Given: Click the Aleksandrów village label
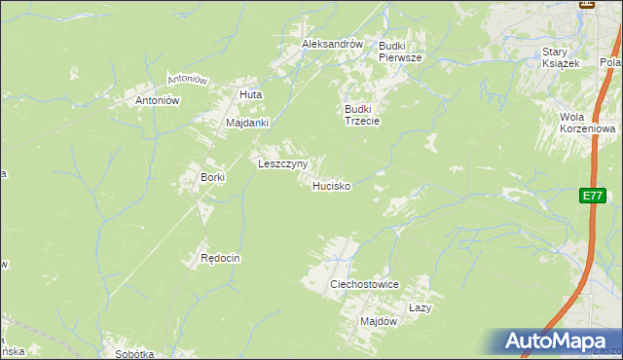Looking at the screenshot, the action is (332, 45).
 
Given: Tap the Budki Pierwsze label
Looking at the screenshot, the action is (400, 52).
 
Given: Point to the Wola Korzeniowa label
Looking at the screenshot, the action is (584, 123).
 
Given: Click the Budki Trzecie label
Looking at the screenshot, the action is (361, 115).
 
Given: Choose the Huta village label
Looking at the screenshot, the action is (251, 94).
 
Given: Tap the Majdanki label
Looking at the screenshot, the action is (246, 124).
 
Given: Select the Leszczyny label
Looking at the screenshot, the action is (282, 163).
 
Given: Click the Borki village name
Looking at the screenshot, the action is (212, 177).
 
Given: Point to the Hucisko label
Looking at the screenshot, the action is (331, 185).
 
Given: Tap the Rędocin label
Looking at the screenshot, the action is (220, 259).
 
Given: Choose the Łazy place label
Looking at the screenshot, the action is (420, 306).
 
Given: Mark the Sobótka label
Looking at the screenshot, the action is (134, 354).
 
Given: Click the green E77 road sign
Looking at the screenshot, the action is (591, 196).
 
